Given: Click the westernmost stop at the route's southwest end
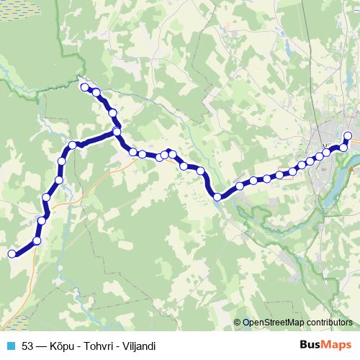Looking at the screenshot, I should click(12, 253).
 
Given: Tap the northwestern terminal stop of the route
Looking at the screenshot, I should click(84, 88).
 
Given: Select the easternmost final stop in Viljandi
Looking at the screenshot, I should click(348, 136).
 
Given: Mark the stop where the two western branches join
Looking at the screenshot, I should click(117, 132).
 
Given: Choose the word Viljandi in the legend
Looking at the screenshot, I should click(138, 346).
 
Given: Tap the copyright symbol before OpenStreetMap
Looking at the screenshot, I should click(238, 323).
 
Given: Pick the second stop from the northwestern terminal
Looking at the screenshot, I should click(96, 92).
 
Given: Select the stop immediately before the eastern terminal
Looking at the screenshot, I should click(343, 148).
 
